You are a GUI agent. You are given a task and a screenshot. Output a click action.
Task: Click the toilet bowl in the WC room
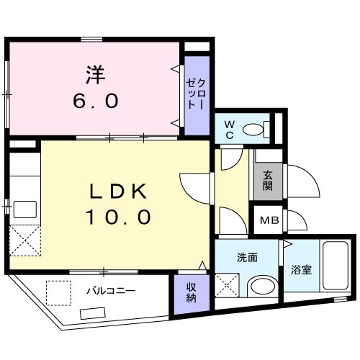coord(253,130)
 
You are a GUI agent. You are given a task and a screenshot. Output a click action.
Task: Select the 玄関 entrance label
coord(267,180)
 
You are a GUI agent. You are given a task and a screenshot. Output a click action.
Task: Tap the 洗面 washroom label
coord(247,257)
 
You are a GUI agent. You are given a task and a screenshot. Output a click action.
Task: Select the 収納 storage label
coord(191,293)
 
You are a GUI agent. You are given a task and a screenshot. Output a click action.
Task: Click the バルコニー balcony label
coord(109,292)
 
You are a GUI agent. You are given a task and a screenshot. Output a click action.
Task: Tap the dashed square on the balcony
coord(58,292)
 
